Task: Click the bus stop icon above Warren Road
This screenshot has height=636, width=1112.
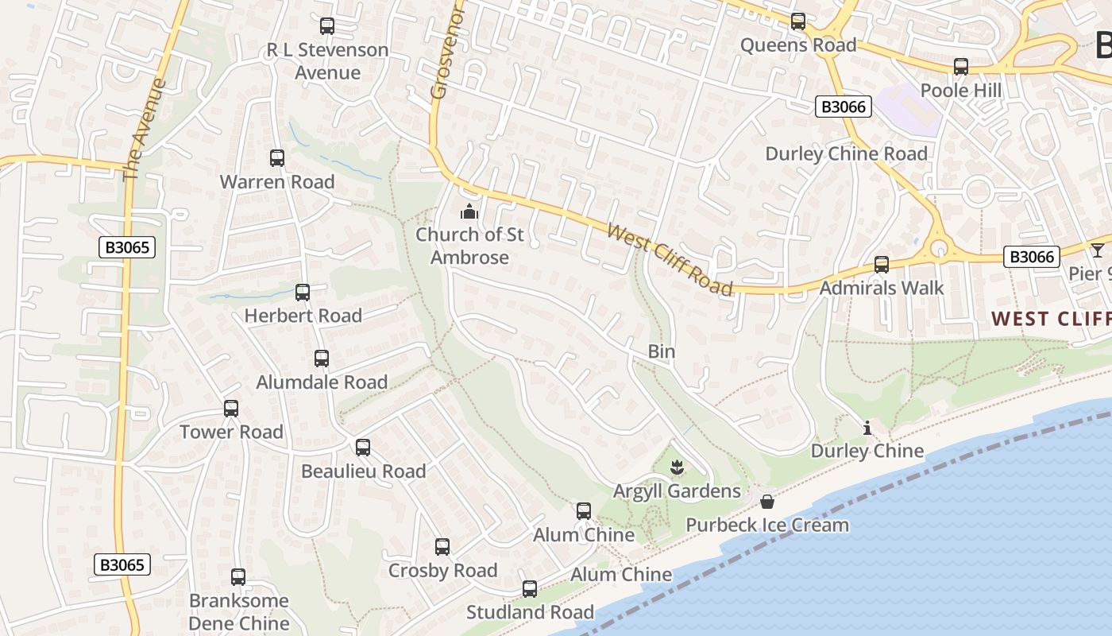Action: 276,158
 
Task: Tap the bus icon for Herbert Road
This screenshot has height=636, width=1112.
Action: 303,293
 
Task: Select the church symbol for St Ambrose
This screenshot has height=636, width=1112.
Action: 469,211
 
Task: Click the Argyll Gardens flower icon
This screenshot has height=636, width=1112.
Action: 677,467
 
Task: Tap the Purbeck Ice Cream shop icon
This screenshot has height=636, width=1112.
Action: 767,502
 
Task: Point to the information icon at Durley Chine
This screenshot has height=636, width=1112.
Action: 867,429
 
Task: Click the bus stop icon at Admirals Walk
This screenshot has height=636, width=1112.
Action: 881,265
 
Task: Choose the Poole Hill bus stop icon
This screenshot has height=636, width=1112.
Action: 961,67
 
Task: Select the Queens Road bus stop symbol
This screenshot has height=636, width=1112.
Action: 798,21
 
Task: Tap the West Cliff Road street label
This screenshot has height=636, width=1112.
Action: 669,259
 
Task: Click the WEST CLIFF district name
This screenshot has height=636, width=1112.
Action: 1051,319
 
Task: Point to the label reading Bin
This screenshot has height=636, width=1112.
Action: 661,351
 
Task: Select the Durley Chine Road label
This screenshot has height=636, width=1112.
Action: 846,153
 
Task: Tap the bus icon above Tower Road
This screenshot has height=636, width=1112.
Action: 231,409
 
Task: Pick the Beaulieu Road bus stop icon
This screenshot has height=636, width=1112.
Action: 363,448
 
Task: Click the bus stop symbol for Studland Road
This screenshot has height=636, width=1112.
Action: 530,589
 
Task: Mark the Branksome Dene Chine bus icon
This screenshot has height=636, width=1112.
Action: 238,577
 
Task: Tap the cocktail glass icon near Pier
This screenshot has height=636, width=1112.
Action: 1097,250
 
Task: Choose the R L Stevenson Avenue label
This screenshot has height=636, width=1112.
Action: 327,61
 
